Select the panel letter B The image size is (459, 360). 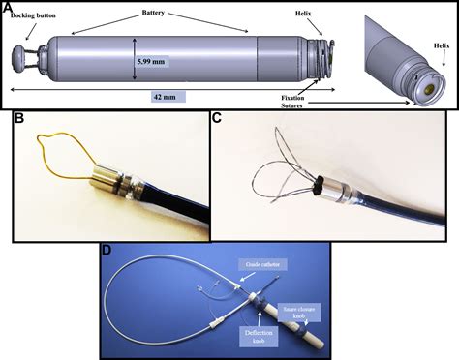point(13,120)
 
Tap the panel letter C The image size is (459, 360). point(217,120)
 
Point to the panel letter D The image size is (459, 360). point(107,249)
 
